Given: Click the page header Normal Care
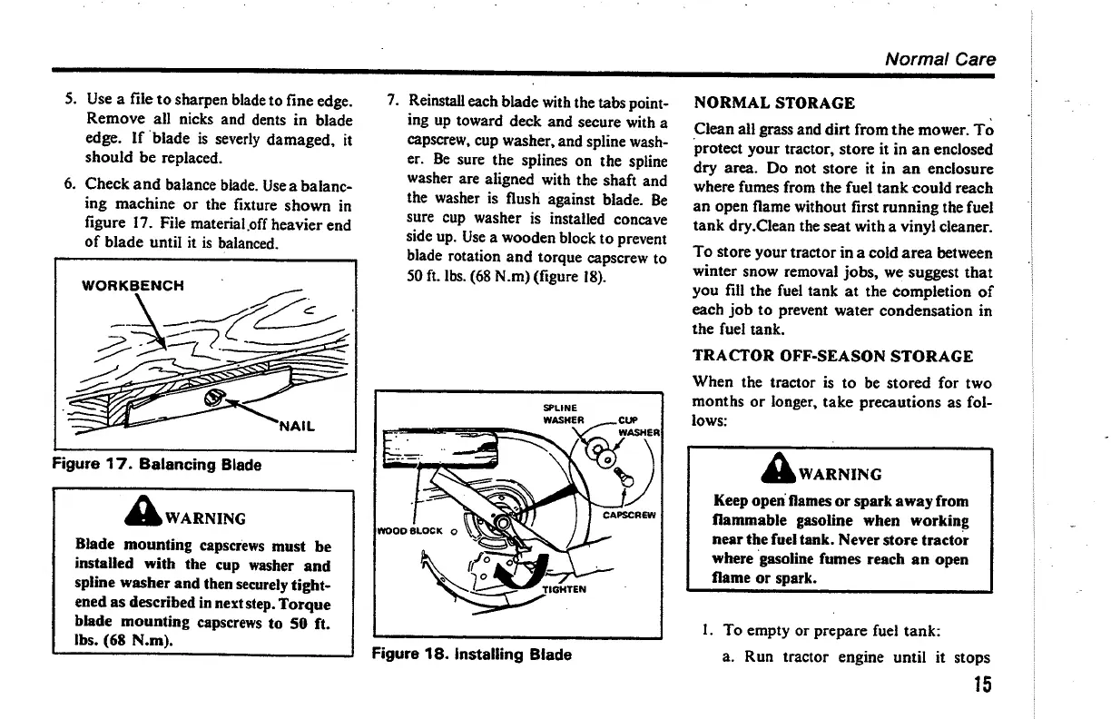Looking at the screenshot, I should point(939,59).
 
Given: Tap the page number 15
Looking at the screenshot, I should point(979,685).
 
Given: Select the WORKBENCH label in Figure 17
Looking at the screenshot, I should point(133,285).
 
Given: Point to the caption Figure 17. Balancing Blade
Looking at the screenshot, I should point(156,465).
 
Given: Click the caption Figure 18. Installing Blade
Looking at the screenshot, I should point(472,654).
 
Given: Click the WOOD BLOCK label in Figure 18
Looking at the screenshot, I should point(410,532).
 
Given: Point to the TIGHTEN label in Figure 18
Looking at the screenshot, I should point(565,588).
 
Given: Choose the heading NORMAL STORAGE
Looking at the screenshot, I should point(773,103).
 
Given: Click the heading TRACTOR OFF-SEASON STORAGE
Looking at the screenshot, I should point(832,356).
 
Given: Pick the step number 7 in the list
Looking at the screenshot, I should point(391,98).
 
